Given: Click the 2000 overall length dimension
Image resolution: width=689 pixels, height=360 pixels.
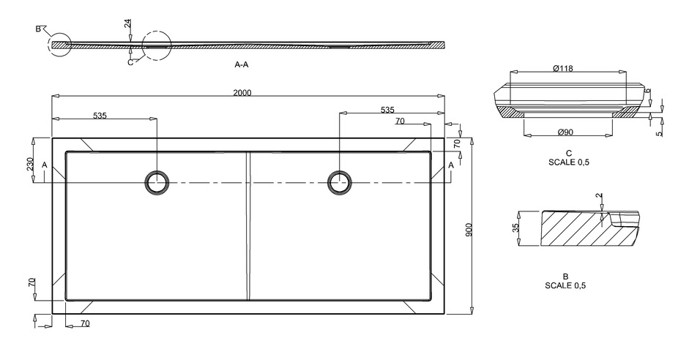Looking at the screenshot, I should point(243,92).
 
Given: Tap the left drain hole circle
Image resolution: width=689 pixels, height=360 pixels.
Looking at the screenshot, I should point(157,182).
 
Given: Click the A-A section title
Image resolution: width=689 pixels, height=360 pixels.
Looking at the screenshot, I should point(242,65).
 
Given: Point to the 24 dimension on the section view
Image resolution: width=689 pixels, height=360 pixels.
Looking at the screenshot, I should point(128,24).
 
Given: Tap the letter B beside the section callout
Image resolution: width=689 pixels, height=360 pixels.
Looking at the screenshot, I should point(38,29).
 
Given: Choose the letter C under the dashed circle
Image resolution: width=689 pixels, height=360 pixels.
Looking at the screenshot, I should point(130,62).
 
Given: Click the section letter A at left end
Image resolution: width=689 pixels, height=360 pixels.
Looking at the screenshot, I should point(45,165).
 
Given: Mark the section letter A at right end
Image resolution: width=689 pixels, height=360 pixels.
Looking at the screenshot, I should point(450,165).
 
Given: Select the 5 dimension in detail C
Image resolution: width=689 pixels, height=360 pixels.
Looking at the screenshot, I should point(658,132).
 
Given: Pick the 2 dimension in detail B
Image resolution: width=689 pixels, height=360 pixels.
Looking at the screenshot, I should point(599,196).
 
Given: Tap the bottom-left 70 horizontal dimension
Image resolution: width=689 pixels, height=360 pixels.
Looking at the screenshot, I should point(85,323).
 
